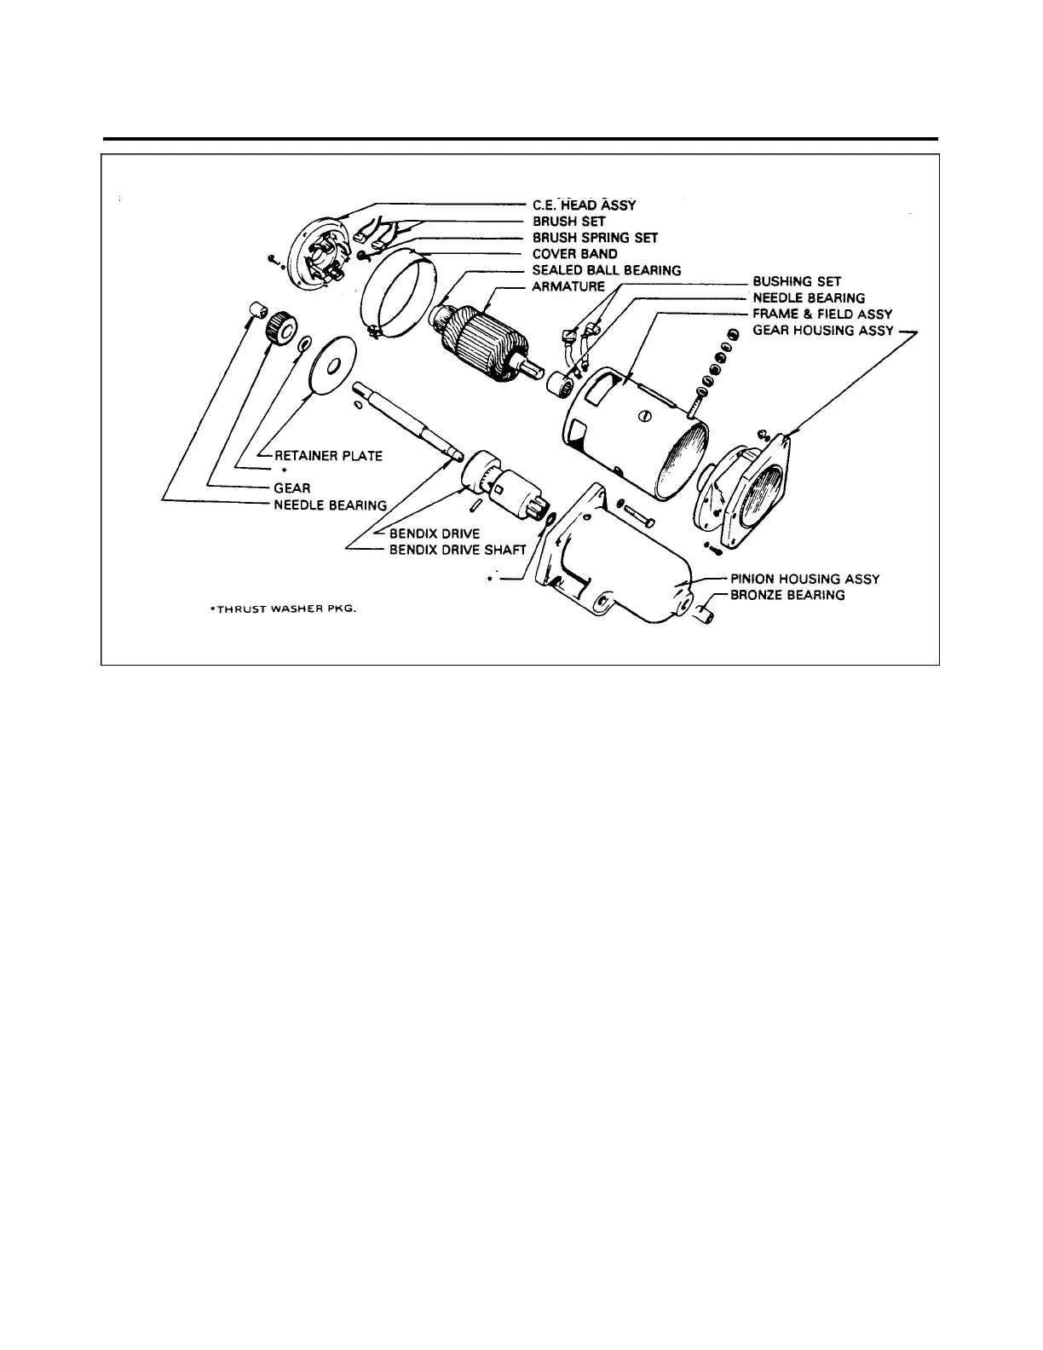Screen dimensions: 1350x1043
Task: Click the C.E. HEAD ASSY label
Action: pos(584,205)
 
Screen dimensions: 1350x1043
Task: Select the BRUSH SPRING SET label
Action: pos(595,238)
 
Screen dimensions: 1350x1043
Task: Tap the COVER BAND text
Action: pos(574,254)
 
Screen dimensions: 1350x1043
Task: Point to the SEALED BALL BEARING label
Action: pos(606,270)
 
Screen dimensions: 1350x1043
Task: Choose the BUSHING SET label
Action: pos(797,281)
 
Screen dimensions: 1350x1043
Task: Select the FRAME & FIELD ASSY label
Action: pos(822,314)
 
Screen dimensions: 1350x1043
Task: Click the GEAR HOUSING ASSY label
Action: pos(821,330)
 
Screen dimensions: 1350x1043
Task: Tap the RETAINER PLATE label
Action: pos(328,456)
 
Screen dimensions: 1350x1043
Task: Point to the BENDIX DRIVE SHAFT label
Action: pos(458,550)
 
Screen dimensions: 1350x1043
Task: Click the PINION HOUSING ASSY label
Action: pos(804,579)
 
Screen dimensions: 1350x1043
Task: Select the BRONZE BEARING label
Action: pos(787,595)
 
